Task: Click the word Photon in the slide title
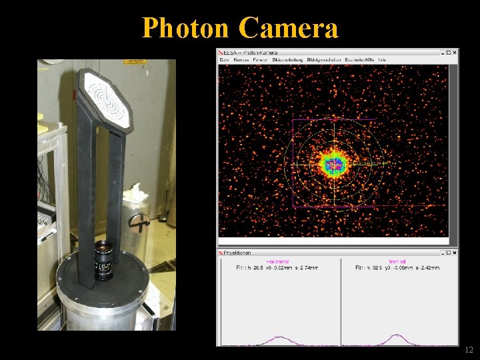click(x=185, y=29)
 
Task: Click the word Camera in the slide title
click(x=288, y=29)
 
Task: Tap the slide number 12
click(x=469, y=350)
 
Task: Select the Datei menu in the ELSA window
click(x=224, y=59)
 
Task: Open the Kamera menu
click(x=241, y=59)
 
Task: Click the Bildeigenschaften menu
click(x=324, y=59)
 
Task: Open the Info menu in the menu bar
click(x=382, y=59)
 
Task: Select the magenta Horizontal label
click(x=278, y=261)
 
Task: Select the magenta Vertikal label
click(x=397, y=261)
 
